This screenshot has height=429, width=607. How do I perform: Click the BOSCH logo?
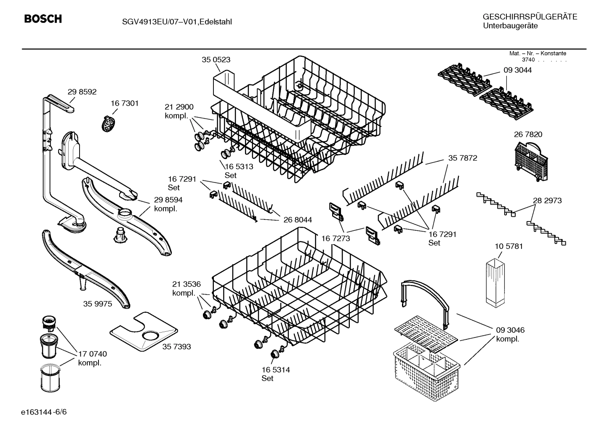pos(43,19)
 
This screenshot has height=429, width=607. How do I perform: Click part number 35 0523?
pos(216,60)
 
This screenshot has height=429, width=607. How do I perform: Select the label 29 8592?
pos(82,91)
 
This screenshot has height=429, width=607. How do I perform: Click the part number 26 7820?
pos(528,134)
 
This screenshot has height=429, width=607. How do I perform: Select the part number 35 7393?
pos(176,346)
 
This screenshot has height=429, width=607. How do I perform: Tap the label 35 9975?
pos(98,304)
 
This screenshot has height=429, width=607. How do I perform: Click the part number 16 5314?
pos(276,370)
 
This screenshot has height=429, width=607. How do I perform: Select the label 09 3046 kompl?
pos(510,334)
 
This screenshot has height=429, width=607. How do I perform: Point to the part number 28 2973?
pos(547,200)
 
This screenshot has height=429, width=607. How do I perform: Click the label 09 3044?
pos(517,70)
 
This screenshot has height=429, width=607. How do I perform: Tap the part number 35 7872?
pos(463,158)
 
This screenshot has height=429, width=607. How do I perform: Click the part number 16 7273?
pos(335,238)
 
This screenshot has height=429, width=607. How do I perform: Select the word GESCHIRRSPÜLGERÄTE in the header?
pos(530,17)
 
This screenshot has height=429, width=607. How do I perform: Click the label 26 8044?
pos(298,220)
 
